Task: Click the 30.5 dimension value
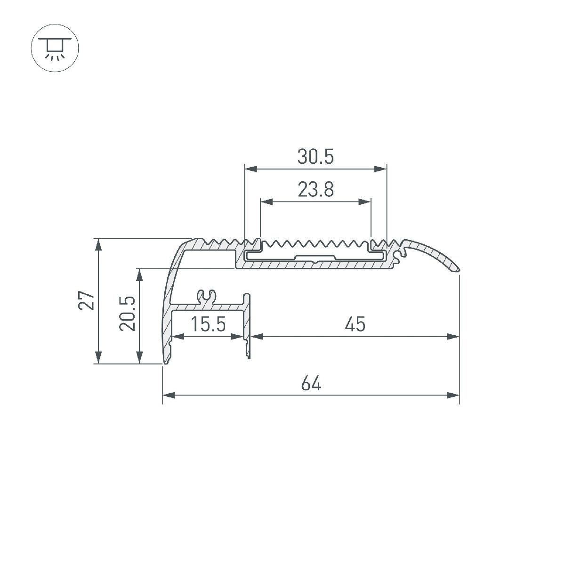[x=315, y=156]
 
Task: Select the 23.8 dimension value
[x=315, y=190]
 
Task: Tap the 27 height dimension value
[x=87, y=301]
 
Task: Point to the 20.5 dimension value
[x=128, y=314]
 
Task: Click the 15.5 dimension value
[x=209, y=324]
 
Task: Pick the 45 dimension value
[x=355, y=324]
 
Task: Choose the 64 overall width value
[x=311, y=384]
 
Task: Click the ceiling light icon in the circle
[x=55, y=48]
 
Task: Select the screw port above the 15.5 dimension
[x=207, y=297]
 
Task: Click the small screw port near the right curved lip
[x=401, y=255]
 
